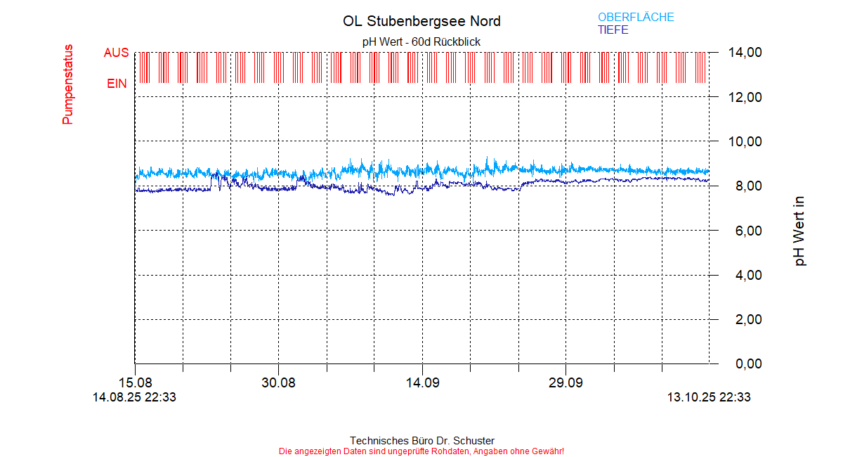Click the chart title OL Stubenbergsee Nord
(421, 21)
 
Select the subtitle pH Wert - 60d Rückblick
(421, 42)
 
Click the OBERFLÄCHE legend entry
(636, 18)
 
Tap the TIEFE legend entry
(613, 30)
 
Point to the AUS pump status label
(116, 53)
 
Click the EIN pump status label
(117, 84)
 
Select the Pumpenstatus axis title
(68, 85)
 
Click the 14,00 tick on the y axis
(745, 53)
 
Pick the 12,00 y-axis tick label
(745, 97)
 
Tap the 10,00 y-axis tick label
(745, 141)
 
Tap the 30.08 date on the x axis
(278, 383)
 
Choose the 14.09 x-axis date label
(421, 383)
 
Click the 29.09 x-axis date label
(566, 383)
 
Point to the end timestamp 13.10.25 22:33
(708, 397)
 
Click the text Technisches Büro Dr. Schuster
(421, 441)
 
